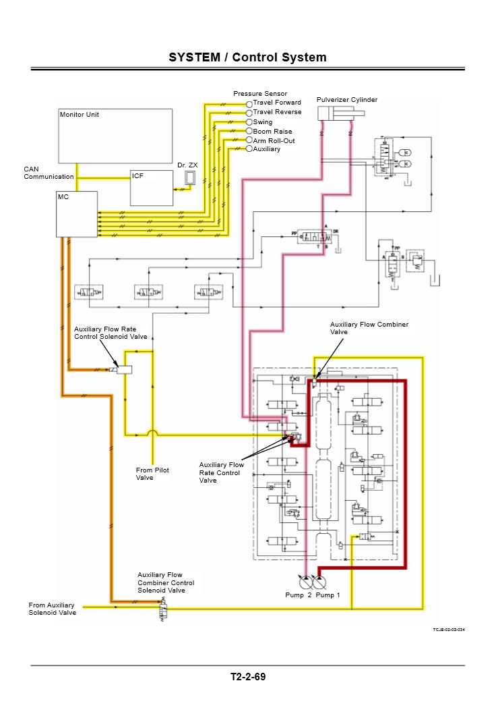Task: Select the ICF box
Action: (151, 188)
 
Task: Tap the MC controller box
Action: (77, 214)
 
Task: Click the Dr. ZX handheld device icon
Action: (191, 177)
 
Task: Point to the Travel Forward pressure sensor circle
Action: (249, 103)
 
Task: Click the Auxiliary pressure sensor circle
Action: (249, 148)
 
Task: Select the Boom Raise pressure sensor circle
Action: (249, 132)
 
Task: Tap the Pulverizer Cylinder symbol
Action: (336, 113)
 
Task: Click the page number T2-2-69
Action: (248, 677)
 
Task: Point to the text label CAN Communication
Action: (49, 173)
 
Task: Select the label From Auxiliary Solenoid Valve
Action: (52, 609)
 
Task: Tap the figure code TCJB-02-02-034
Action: (449, 630)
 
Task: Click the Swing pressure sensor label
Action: (263, 122)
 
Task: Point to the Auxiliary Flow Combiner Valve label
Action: (369, 328)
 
